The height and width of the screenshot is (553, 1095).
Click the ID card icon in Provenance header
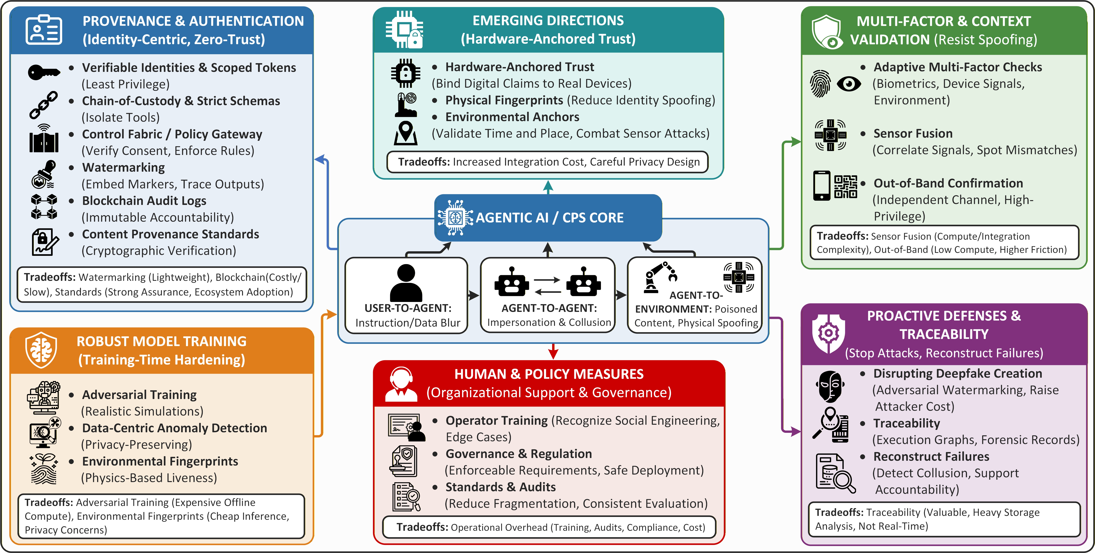coord(44,30)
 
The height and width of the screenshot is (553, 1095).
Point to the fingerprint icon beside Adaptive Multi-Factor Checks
coord(820,84)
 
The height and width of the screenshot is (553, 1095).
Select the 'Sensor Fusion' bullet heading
coord(913,133)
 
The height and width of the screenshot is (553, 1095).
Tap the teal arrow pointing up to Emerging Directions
coord(548,187)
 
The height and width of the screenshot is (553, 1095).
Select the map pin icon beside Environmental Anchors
coord(406,133)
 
